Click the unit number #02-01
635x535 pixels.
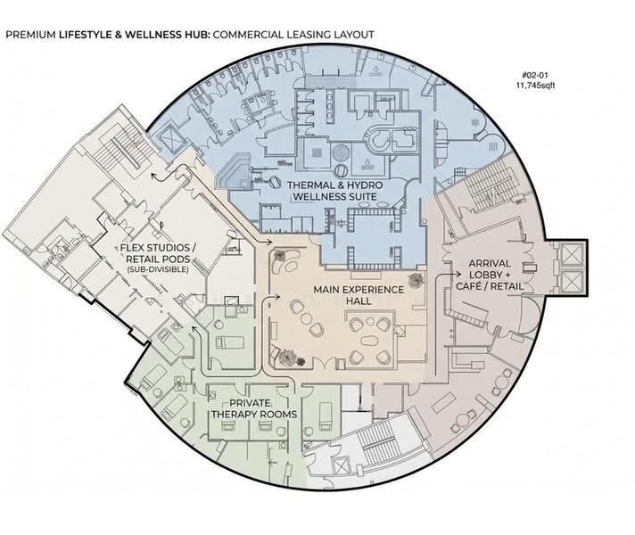point(535,75)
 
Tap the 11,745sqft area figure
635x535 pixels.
point(535,85)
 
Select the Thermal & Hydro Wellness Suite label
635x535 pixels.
point(335,191)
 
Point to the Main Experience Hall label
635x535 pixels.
point(359,295)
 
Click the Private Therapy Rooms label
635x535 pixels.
point(254,408)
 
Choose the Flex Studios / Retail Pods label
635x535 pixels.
point(155,253)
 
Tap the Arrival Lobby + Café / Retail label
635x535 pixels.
point(490,275)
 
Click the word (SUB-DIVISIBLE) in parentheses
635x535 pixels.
point(158,269)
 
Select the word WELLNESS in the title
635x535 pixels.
point(153,35)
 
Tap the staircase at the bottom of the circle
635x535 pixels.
point(376,440)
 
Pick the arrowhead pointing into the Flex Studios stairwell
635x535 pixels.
point(153,176)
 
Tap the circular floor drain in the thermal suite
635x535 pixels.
point(342,153)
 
